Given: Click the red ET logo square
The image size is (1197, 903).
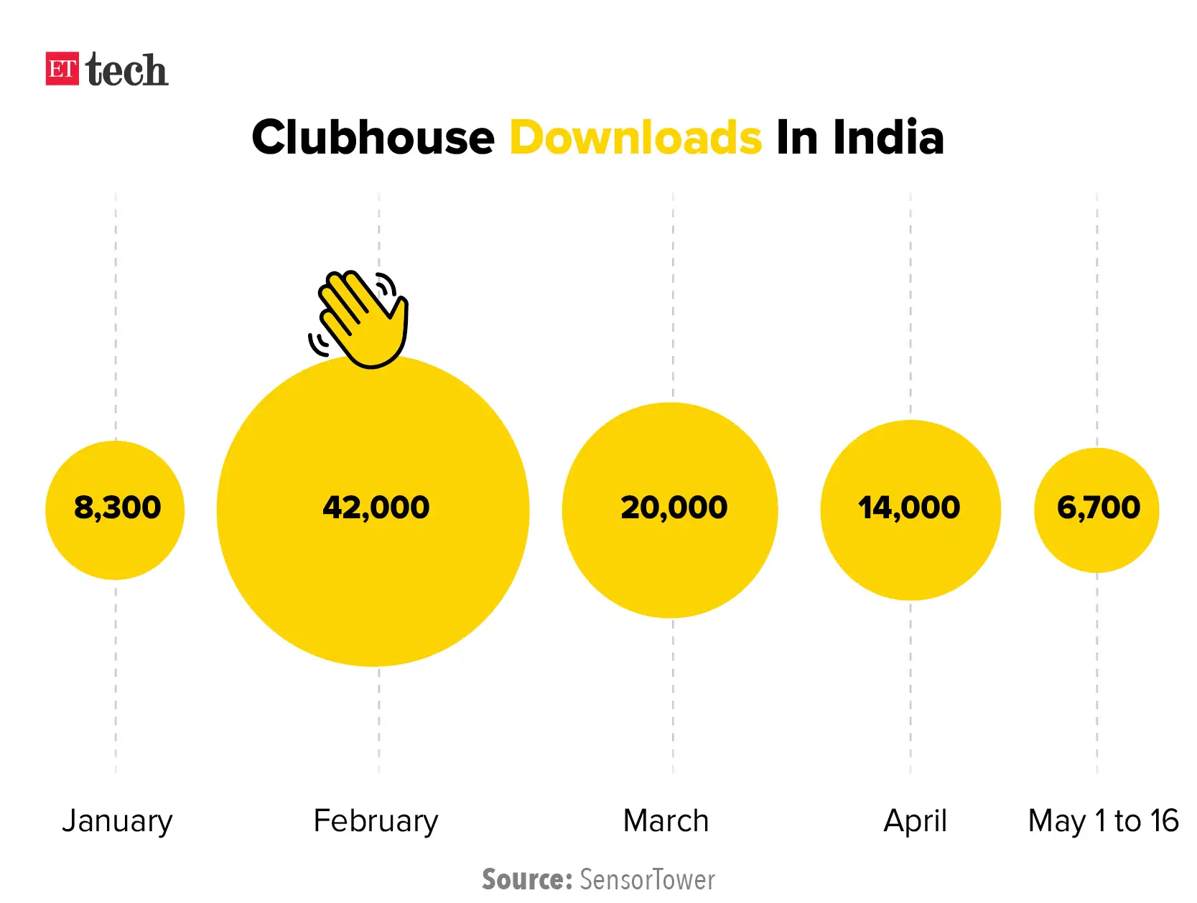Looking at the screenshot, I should (62, 69).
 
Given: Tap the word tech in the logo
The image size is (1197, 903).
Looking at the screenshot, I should (126, 70).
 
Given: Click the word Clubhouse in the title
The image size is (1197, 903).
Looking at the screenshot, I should (373, 137).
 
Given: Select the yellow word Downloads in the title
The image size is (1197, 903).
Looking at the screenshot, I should (635, 137).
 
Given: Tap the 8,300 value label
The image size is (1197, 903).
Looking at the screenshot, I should (117, 507).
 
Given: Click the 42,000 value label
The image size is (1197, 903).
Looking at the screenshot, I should (376, 507).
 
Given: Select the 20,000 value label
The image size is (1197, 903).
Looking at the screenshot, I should (674, 507).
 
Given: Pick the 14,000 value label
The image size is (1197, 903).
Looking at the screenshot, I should (909, 507).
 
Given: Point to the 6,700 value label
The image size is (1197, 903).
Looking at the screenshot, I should (1098, 507).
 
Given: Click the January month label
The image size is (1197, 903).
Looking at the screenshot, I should (117, 820).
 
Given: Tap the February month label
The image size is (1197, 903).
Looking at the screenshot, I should (376, 820).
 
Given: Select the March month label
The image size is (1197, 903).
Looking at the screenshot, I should (666, 820).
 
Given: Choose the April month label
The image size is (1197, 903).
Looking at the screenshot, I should (915, 820).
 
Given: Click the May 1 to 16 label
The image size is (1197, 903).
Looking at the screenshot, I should (1103, 820).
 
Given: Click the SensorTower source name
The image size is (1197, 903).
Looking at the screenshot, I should (647, 879).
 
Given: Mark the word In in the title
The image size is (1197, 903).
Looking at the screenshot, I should (797, 137).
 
